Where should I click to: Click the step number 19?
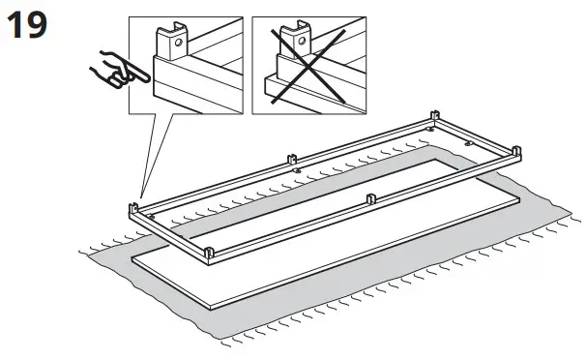tap(26, 26)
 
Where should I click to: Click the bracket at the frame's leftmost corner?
tap(132, 208)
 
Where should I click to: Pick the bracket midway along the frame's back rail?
tap(290, 158)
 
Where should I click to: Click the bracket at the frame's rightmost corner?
tap(515, 153)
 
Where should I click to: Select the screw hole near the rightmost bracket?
tap(469, 141)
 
